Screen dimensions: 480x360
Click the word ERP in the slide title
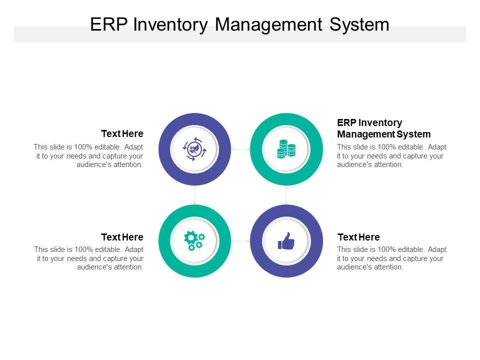(108, 24)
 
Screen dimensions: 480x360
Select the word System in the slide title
(359, 25)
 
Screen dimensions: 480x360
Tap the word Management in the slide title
(268, 25)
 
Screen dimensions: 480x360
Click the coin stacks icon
(286, 149)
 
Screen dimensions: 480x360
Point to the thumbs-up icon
(286, 241)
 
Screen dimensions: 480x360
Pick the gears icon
(194, 241)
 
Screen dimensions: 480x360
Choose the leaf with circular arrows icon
(194, 149)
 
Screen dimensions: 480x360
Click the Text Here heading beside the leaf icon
(122, 134)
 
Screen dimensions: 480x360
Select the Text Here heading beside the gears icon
(122, 237)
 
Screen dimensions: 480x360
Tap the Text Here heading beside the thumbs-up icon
(358, 237)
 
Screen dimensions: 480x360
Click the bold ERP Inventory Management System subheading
(384, 128)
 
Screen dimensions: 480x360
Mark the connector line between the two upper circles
(240, 149)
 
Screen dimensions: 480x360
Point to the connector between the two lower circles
(240, 241)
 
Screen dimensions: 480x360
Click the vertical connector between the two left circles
(194, 195)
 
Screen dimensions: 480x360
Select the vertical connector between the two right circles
(286, 195)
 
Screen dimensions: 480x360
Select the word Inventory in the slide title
(170, 25)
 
